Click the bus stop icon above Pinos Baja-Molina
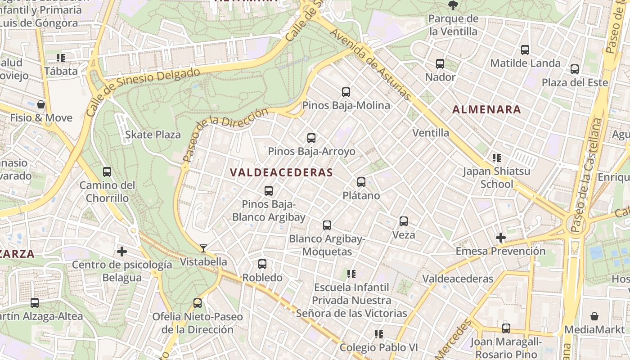point(346,92)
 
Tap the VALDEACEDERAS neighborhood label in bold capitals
point(281,173)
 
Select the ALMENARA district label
point(486,109)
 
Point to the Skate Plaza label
point(153,135)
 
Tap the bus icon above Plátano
point(361,182)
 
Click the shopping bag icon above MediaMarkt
point(594,316)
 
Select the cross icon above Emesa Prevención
point(500,238)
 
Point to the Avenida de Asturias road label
point(370,65)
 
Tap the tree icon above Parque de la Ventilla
point(453,6)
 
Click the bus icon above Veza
point(404,221)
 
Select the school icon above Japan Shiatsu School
point(497,158)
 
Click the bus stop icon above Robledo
point(262,264)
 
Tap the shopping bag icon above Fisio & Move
point(41,105)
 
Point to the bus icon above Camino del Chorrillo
point(107,172)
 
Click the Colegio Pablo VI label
point(378,347)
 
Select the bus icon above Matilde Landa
point(525,50)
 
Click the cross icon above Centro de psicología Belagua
point(121,252)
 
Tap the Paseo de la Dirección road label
point(225,135)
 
